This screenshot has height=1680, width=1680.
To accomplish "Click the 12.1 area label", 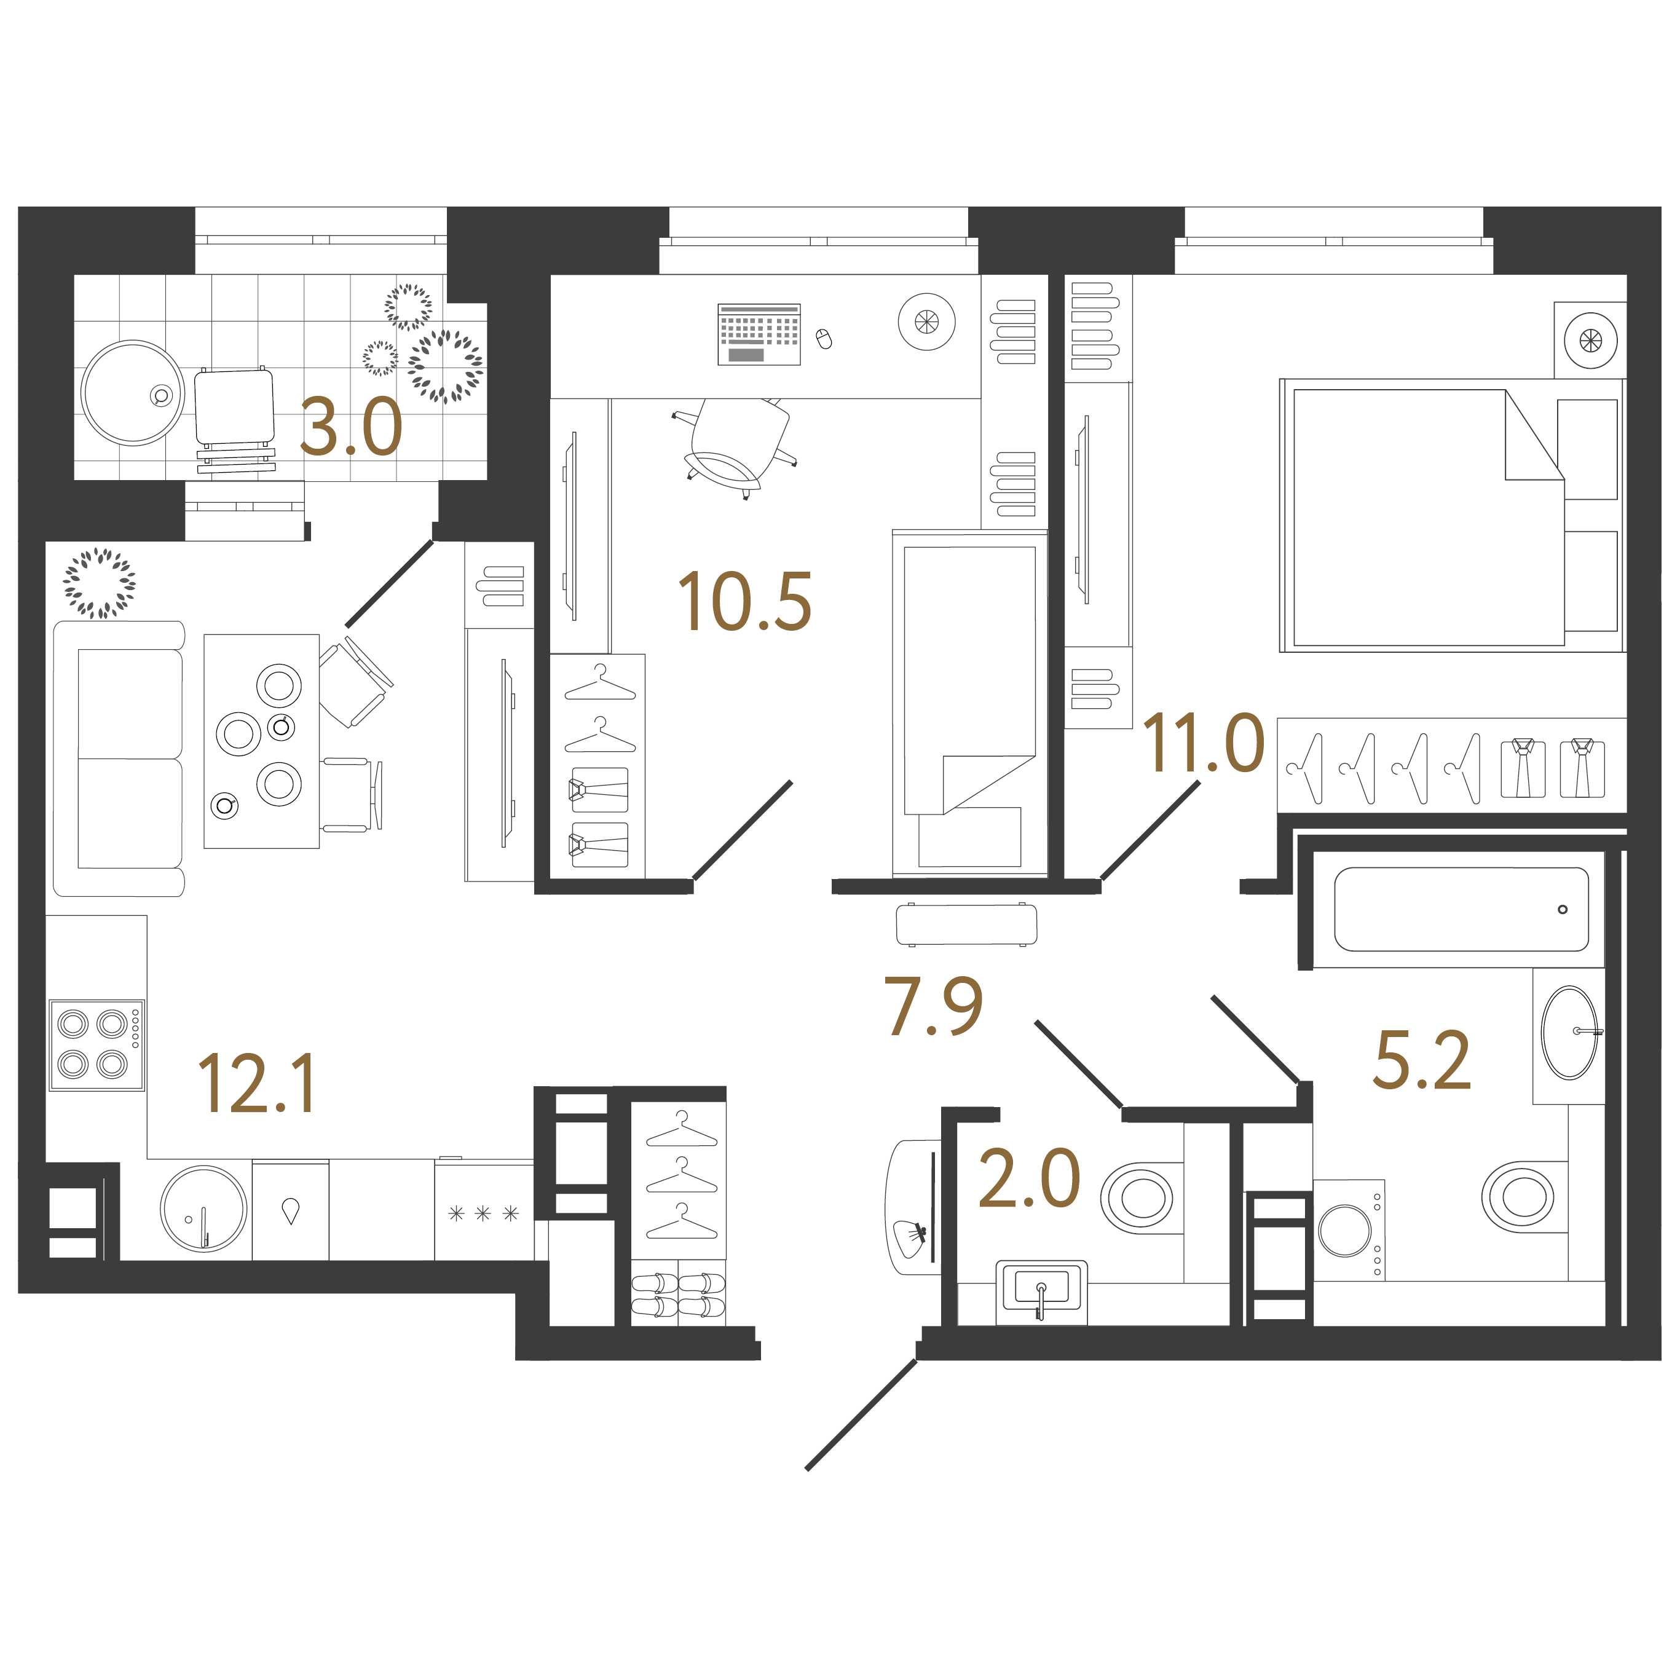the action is point(258,1084).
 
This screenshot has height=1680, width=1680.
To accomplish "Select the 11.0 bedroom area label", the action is point(1204,743).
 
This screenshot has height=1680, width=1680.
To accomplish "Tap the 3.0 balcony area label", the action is point(351,427).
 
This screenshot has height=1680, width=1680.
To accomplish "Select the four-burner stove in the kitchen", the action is point(97,1045).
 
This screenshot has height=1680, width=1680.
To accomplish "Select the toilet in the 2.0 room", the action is point(1137,1197).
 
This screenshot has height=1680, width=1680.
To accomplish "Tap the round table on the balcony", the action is point(133,393).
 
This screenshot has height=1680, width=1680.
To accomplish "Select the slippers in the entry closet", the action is point(678,1294).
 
